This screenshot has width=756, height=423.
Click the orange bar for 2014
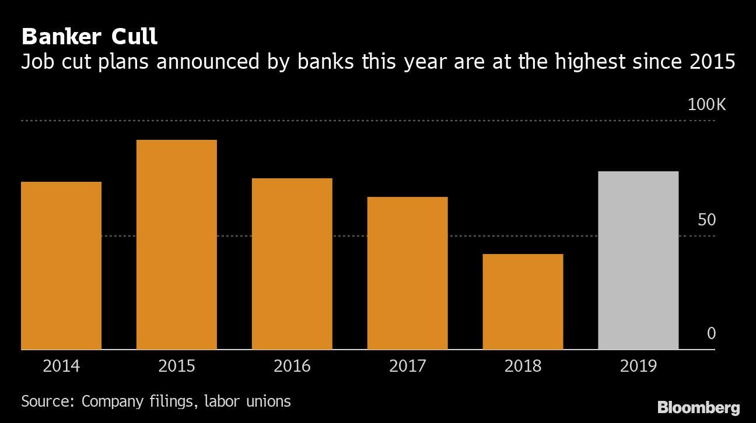point(61,266)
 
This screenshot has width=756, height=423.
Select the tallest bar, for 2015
point(177,245)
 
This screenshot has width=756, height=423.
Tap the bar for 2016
point(292,264)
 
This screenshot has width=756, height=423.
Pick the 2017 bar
point(408,273)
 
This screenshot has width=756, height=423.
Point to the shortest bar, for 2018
point(523,302)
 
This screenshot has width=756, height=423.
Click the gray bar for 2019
point(639,260)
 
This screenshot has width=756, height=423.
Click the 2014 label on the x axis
point(61,366)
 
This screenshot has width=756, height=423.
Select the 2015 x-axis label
point(177,366)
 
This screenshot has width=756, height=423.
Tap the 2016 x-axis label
point(292,366)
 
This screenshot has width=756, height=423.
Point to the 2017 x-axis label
point(408,366)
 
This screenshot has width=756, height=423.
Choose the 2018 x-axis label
point(523,366)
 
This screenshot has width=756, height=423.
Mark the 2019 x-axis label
point(639,366)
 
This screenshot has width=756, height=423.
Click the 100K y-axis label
point(706,105)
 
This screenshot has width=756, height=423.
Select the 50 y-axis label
point(706,220)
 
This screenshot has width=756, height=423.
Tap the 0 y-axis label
point(711,334)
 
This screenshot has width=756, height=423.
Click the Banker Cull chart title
point(89,37)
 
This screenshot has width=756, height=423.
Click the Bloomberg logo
point(698,407)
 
